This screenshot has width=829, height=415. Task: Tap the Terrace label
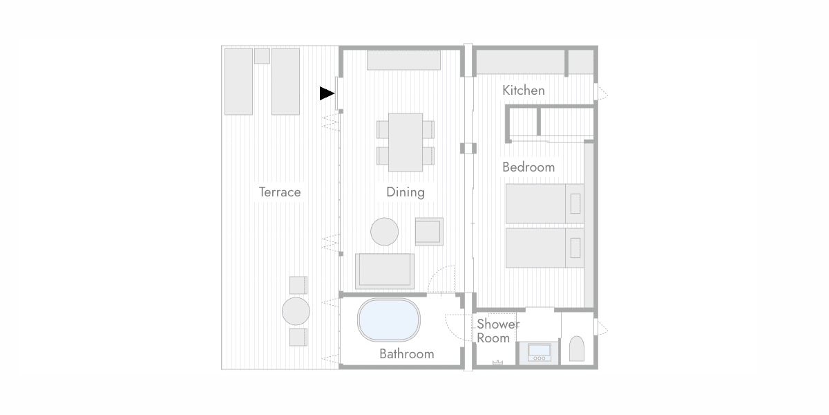(x=280, y=192)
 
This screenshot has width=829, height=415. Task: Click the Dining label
(x=406, y=192)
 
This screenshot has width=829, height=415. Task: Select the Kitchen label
(x=524, y=91)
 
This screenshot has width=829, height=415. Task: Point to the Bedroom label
(x=528, y=167)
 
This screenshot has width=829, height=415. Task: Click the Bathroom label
(x=407, y=354)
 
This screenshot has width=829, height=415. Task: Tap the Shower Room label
(x=498, y=331)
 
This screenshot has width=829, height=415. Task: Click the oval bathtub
(x=388, y=320)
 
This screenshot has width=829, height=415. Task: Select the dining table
(x=406, y=142)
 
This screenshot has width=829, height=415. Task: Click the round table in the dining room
(x=385, y=232)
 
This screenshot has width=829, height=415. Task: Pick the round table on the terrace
(x=296, y=311)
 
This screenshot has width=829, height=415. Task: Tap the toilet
(x=577, y=349)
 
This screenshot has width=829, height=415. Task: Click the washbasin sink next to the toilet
(x=540, y=352)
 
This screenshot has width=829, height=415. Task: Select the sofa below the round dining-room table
(x=385, y=271)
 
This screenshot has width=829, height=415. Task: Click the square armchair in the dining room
(x=429, y=232)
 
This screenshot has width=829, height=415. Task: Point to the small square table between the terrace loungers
(x=262, y=56)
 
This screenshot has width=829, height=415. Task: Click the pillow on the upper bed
(x=575, y=203)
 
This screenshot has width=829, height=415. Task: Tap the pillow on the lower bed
(x=575, y=248)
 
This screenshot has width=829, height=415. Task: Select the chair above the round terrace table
(x=298, y=285)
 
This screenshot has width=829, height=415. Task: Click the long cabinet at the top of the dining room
(x=403, y=60)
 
